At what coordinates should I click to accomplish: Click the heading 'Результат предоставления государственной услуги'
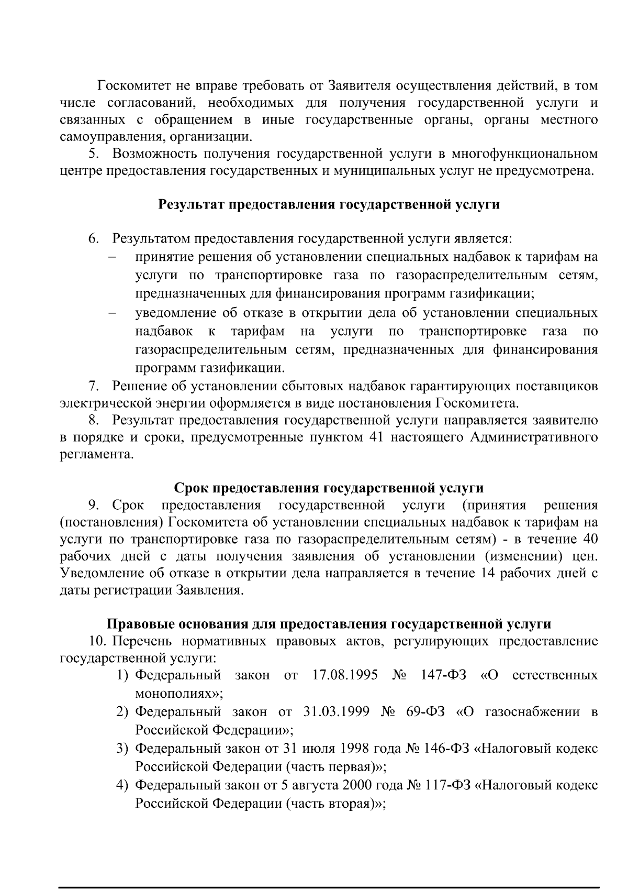[x=329, y=204]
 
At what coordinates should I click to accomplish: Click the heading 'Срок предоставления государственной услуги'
[x=329, y=488]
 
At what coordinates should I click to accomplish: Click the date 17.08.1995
[x=345, y=675]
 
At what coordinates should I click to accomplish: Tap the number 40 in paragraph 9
[x=590, y=539]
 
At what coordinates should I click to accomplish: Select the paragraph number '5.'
[x=93, y=153]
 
